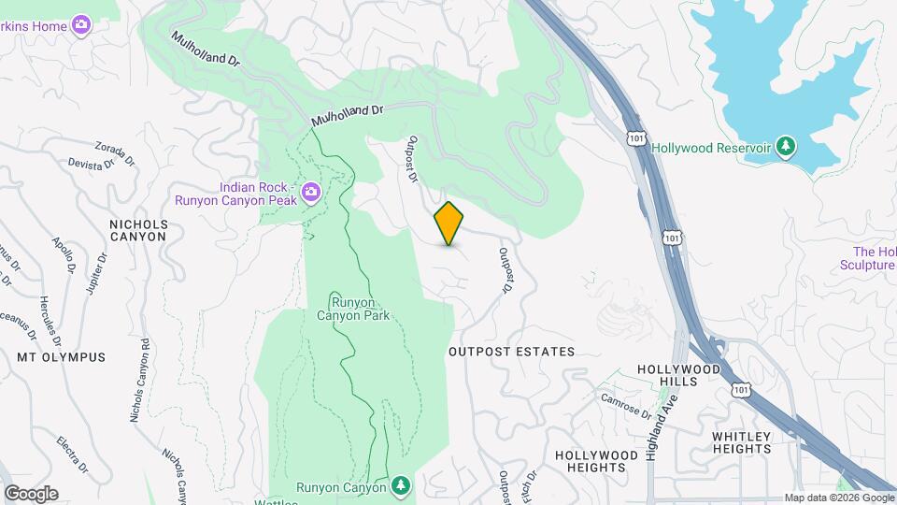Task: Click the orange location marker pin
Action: tap(448, 224)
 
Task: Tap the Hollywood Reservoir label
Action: tap(710, 148)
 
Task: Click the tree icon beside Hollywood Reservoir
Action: tap(787, 147)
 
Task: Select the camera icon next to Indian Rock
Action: tap(310, 194)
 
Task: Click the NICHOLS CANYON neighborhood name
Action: tap(138, 230)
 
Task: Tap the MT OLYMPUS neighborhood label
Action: tap(61, 357)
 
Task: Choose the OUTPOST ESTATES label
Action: tap(511, 352)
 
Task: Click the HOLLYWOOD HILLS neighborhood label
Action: tap(679, 376)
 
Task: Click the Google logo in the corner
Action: tap(31, 494)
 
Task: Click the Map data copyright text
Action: tap(839, 498)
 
